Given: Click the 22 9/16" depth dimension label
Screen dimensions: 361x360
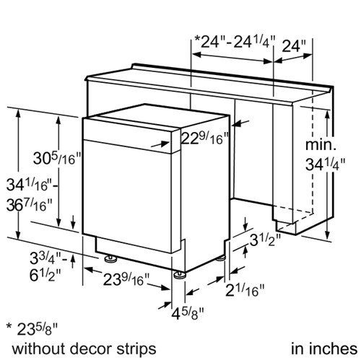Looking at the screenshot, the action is (205, 138).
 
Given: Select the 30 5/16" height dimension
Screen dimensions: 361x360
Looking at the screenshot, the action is (57, 158).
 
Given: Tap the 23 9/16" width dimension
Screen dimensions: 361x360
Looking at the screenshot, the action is (126, 280).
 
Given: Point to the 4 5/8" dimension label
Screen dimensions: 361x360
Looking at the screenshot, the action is (188, 313).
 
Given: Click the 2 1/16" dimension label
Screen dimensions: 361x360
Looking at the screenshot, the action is (245, 290).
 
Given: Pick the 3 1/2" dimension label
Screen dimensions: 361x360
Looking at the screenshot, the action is (265, 240).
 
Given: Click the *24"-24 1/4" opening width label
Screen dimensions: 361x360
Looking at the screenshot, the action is (235, 42).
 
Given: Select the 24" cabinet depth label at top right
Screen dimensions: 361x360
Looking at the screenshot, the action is (294, 45).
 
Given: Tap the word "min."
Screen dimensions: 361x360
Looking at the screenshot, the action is (321, 145).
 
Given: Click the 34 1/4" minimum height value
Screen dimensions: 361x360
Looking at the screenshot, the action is (326, 164).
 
